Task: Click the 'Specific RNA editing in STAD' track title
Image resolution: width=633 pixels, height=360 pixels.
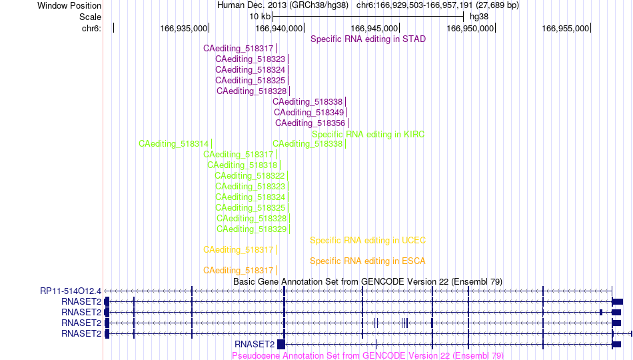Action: (x=368, y=39)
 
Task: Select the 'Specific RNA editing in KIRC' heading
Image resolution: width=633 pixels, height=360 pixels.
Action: (x=368, y=134)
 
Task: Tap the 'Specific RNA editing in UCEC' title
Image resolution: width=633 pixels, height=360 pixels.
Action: (x=368, y=241)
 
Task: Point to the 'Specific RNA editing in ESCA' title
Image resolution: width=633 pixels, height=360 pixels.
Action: (x=368, y=261)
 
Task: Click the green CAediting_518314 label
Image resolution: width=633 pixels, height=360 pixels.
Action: (x=174, y=144)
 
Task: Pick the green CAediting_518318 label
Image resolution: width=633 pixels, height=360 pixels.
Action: (x=243, y=165)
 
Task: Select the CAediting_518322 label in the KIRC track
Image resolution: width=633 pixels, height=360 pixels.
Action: (x=249, y=176)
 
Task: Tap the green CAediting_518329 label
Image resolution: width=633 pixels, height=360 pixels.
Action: (x=251, y=229)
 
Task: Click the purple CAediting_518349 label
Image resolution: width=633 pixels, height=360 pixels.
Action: (x=309, y=112)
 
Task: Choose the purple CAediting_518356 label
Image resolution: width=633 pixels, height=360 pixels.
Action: (x=310, y=123)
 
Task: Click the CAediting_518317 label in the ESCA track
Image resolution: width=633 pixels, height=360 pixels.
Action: (x=238, y=270)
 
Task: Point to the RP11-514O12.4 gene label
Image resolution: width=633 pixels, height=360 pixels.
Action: (x=71, y=291)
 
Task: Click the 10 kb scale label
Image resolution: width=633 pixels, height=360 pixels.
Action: (x=260, y=17)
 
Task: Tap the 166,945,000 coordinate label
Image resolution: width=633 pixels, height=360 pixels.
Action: (x=374, y=28)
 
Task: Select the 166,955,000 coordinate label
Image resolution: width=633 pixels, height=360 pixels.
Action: (x=565, y=28)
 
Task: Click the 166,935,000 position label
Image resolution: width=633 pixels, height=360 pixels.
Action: (x=184, y=28)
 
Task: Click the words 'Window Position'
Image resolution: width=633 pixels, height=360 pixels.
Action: (x=69, y=5)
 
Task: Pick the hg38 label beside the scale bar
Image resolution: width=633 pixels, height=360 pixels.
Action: (x=479, y=17)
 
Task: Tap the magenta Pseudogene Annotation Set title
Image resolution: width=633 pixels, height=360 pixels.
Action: (x=368, y=355)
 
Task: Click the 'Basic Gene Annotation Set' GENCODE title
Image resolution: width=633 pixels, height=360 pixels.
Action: (x=368, y=281)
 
